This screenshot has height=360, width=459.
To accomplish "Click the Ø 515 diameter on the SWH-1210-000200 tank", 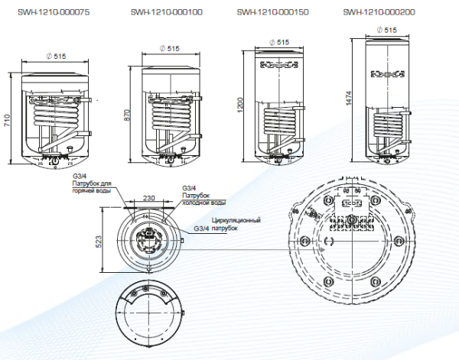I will click(x=390, y=29).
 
